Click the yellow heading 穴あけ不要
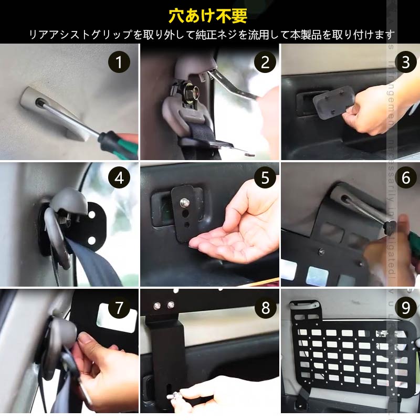pyautogui.click(x=208, y=15)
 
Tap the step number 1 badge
pyautogui.click(x=119, y=62)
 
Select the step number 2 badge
pyautogui.click(x=265, y=62)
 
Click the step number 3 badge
pyautogui.click(x=405, y=62)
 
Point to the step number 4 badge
pyautogui.click(x=119, y=177)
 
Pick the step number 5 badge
pyautogui.click(x=265, y=177)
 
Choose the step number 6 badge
pyautogui.click(x=405, y=177)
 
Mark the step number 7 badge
pyautogui.click(x=119, y=308)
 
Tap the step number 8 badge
pyautogui.click(x=265, y=308)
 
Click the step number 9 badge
pyautogui.click(x=405, y=308)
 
